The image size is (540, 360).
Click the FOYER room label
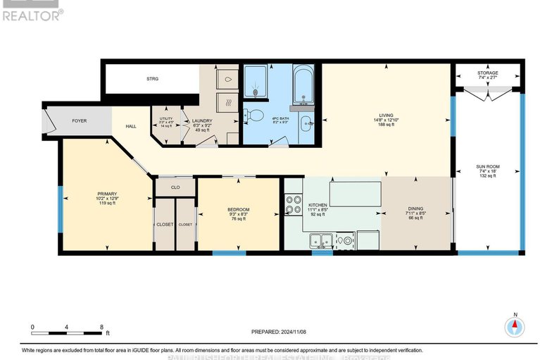pyautogui.click(x=79, y=120)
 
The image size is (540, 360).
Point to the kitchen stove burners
pyautogui.click(x=291, y=204)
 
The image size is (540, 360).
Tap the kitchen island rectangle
pyautogui.click(x=355, y=192)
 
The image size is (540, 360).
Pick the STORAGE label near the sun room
pyautogui.click(x=487, y=73)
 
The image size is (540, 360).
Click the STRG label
pyautogui.click(x=152, y=79)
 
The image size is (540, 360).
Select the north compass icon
pyautogui.click(x=515, y=326)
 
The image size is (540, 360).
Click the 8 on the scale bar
pyautogui.click(x=101, y=328)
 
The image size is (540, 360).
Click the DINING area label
pyautogui.click(x=415, y=209)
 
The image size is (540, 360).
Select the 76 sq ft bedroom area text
pyautogui.click(x=238, y=218)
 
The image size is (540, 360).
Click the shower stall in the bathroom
pyautogui.click(x=254, y=82)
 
